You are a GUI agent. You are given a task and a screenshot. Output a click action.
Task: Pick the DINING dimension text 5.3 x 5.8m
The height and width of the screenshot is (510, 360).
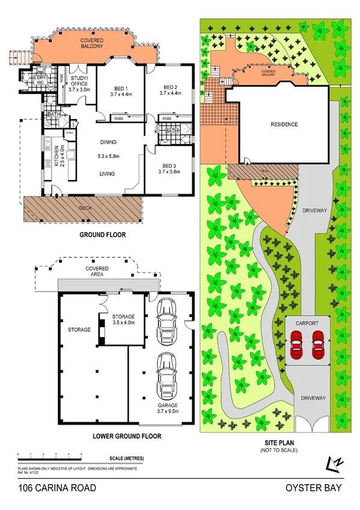(x=109, y=156)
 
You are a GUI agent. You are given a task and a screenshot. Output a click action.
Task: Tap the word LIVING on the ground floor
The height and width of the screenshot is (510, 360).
(x=109, y=174)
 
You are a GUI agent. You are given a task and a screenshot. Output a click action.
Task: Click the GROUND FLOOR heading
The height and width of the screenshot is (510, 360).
(x=103, y=235)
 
